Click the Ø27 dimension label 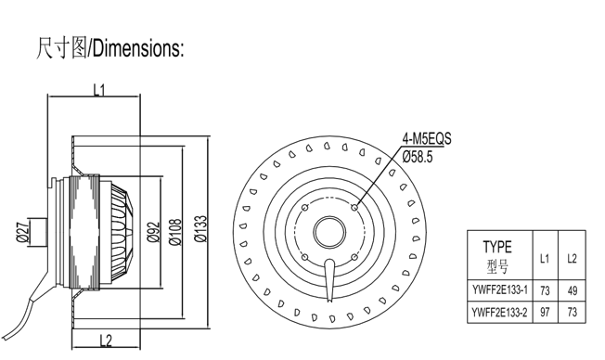coord(23,231)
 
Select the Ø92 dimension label coord(153,232)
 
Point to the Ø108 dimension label coord(175,232)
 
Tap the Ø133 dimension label coord(200,228)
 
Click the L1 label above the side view coord(99,90)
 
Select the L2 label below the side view coord(106,341)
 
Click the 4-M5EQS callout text coord(426,138)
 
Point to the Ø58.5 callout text coord(418,157)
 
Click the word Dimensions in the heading coord(135,48)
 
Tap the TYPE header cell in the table coord(497,247)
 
